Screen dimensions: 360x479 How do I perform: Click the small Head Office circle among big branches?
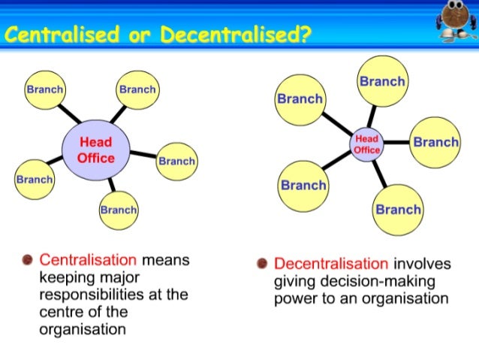click(367, 144)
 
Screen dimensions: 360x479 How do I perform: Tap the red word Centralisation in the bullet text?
click(88, 260)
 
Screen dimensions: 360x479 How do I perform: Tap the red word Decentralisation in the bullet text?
click(332, 264)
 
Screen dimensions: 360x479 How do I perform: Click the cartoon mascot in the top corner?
click(455, 23)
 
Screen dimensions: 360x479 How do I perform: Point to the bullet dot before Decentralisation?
click(262, 264)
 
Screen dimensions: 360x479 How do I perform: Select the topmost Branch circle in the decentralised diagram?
click(381, 81)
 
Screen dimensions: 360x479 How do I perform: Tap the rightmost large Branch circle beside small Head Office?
click(435, 142)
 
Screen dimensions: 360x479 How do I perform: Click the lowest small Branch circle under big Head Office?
click(119, 210)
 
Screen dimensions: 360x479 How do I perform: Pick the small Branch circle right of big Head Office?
click(176, 161)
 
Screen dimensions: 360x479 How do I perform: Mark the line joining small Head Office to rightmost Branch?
click(397, 142)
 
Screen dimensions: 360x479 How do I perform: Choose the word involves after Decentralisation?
click(423, 264)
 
